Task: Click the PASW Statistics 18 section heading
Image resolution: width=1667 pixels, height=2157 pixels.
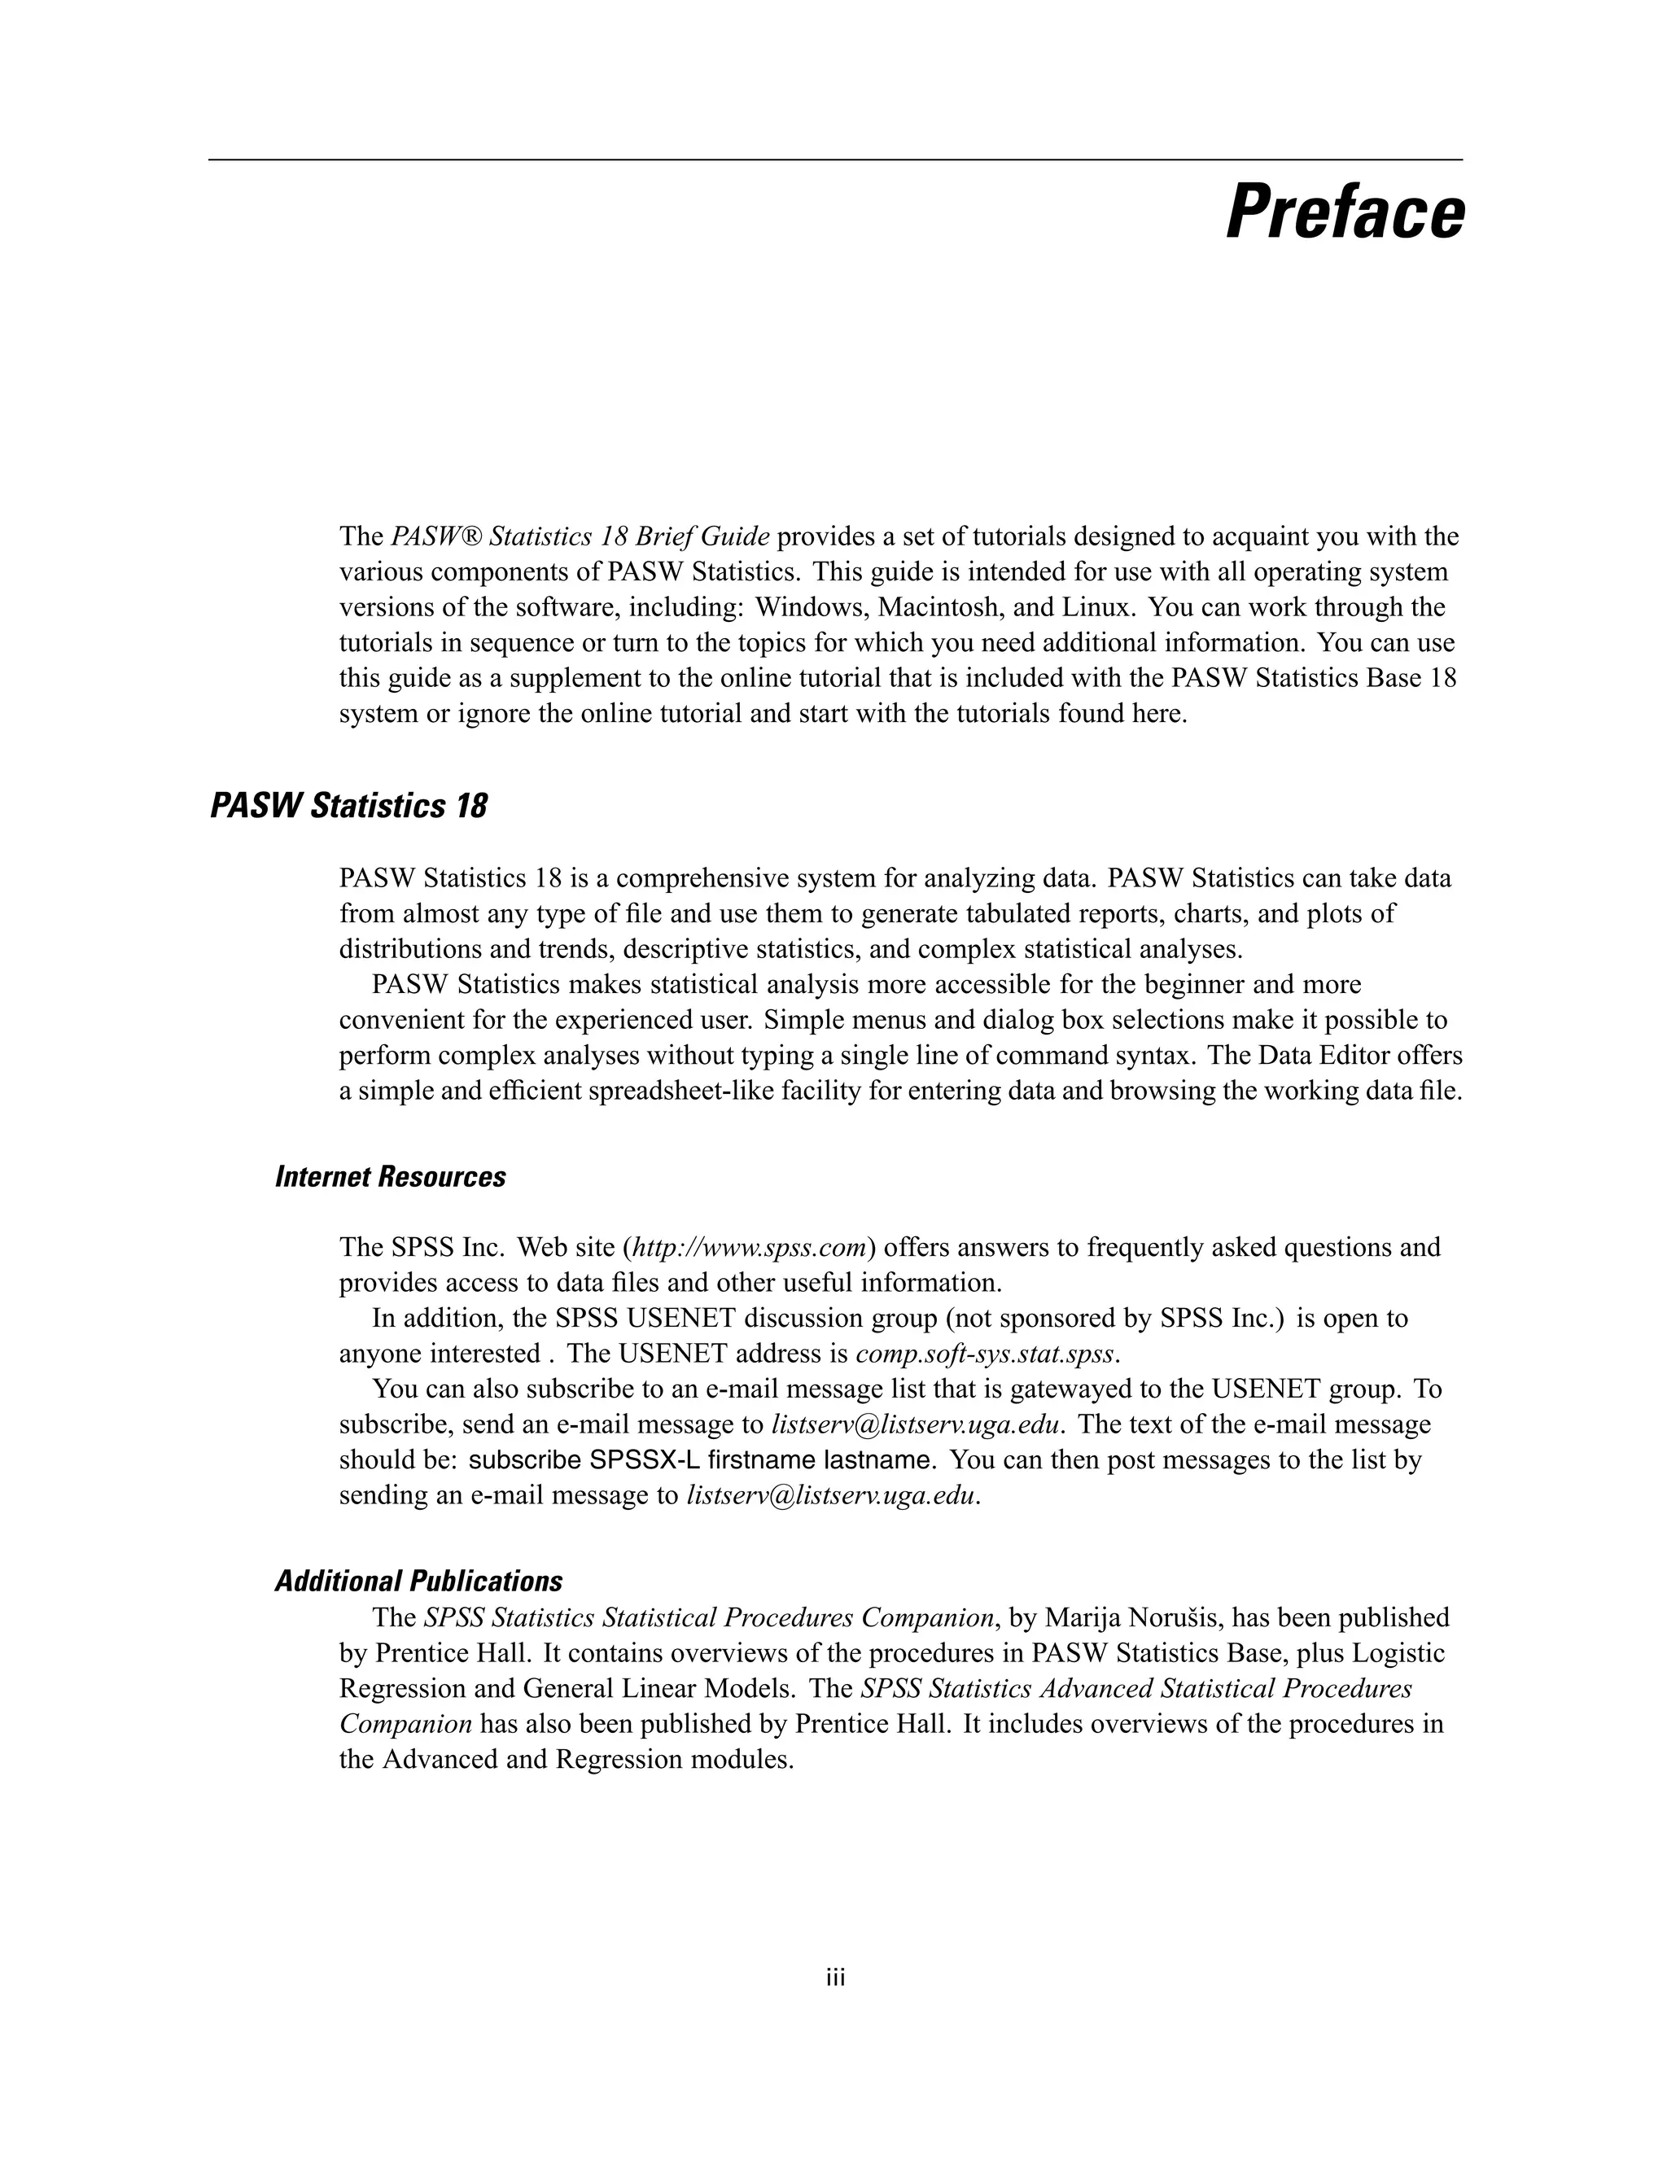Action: [348, 806]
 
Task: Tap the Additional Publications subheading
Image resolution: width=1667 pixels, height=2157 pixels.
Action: [418, 1582]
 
